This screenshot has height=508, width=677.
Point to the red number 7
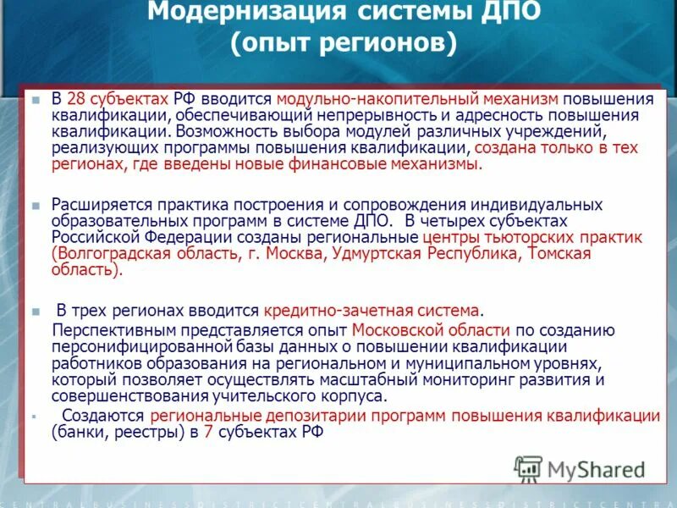[207, 433]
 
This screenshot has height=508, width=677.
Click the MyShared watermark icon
[528, 467]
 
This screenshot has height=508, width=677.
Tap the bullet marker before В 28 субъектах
[36, 99]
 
